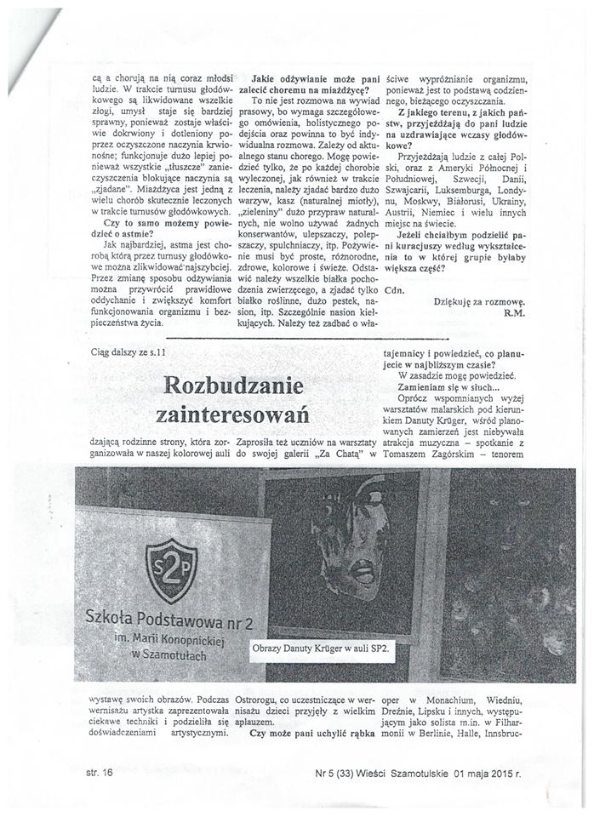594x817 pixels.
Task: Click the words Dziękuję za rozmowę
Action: tap(478, 301)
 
